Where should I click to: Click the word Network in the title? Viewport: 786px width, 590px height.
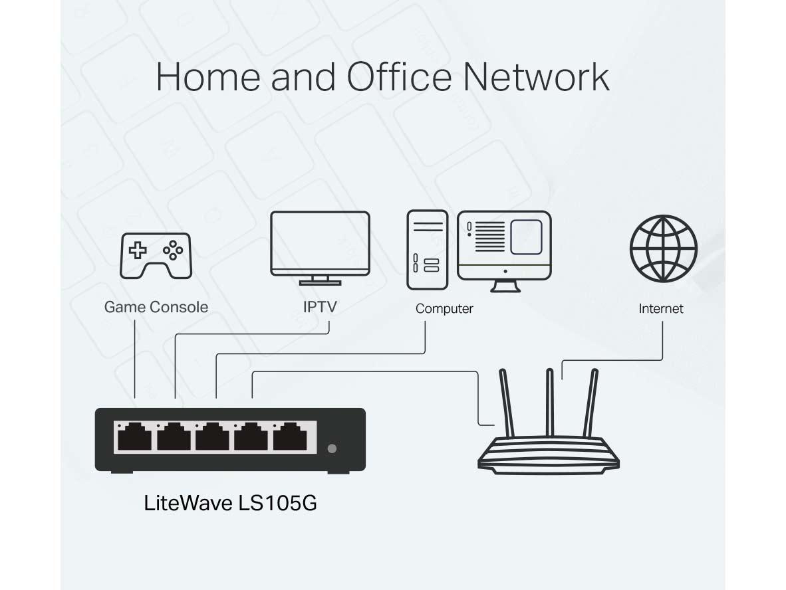[536, 77]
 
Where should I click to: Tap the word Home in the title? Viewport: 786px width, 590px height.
[208, 77]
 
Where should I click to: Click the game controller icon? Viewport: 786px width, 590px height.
[156, 255]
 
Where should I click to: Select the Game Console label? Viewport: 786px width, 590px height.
[156, 307]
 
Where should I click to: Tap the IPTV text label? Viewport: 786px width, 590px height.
[320, 308]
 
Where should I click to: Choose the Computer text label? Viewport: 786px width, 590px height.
[444, 309]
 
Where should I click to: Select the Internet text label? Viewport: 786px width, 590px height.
[661, 309]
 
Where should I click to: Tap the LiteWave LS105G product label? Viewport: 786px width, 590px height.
[230, 503]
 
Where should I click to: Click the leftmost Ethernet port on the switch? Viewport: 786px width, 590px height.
[135, 438]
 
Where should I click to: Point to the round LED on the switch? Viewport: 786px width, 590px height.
[332, 448]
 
